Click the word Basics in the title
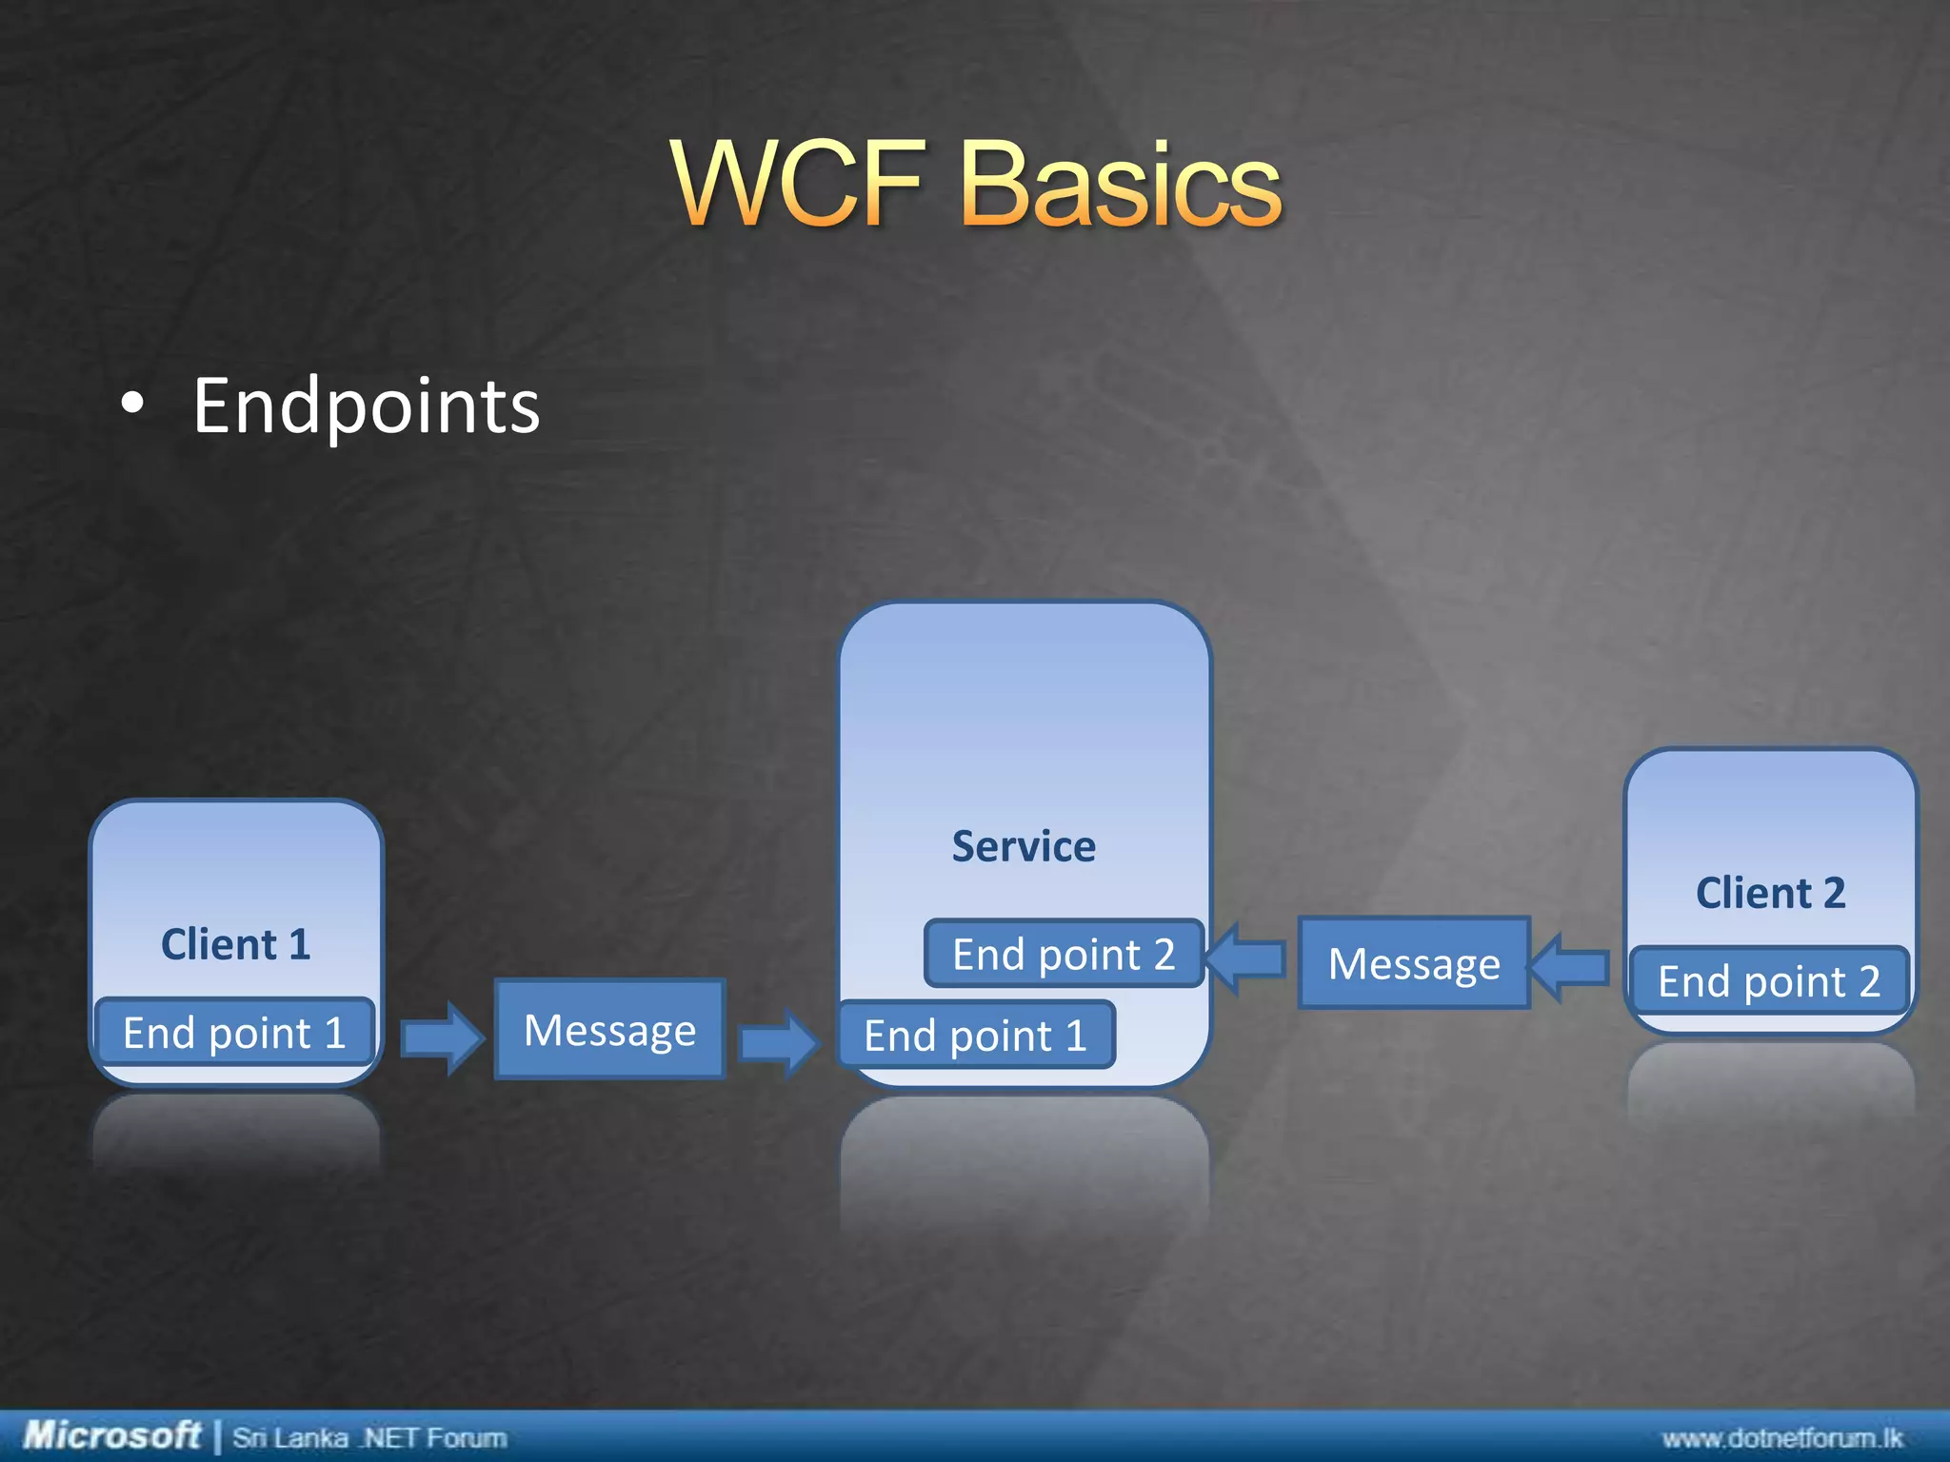(x=1122, y=183)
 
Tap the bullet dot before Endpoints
(x=133, y=404)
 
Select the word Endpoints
(x=367, y=406)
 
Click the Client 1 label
(x=235, y=944)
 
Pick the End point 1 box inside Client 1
(x=234, y=1033)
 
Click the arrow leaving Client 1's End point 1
(x=442, y=1037)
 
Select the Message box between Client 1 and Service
(x=609, y=1030)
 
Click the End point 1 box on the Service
(x=975, y=1036)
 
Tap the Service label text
(x=1024, y=846)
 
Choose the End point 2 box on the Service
(x=1064, y=954)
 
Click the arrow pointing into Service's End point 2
(x=1244, y=958)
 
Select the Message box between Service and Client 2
(x=1414, y=963)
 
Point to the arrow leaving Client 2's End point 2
(x=1569, y=967)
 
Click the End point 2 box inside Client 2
(x=1769, y=980)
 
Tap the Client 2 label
(x=1770, y=893)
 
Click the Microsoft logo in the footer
(x=111, y=1434)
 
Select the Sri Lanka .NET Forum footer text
(x=369, y=1437)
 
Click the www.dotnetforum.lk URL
(x=1781, y=1437)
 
